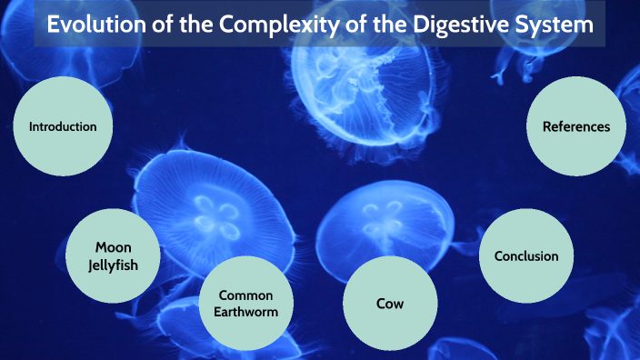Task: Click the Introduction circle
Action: click(63, 127)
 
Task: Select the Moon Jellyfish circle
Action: click(115, 255)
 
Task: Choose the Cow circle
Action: click(390, 304)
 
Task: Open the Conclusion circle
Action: click(525, 256)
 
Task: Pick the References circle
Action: click(576, 127)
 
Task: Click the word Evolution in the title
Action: click(95, 25)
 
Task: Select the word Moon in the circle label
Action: click(115, 246)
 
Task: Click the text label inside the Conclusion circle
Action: click(525, 256)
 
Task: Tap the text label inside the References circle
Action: click(576, 127)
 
